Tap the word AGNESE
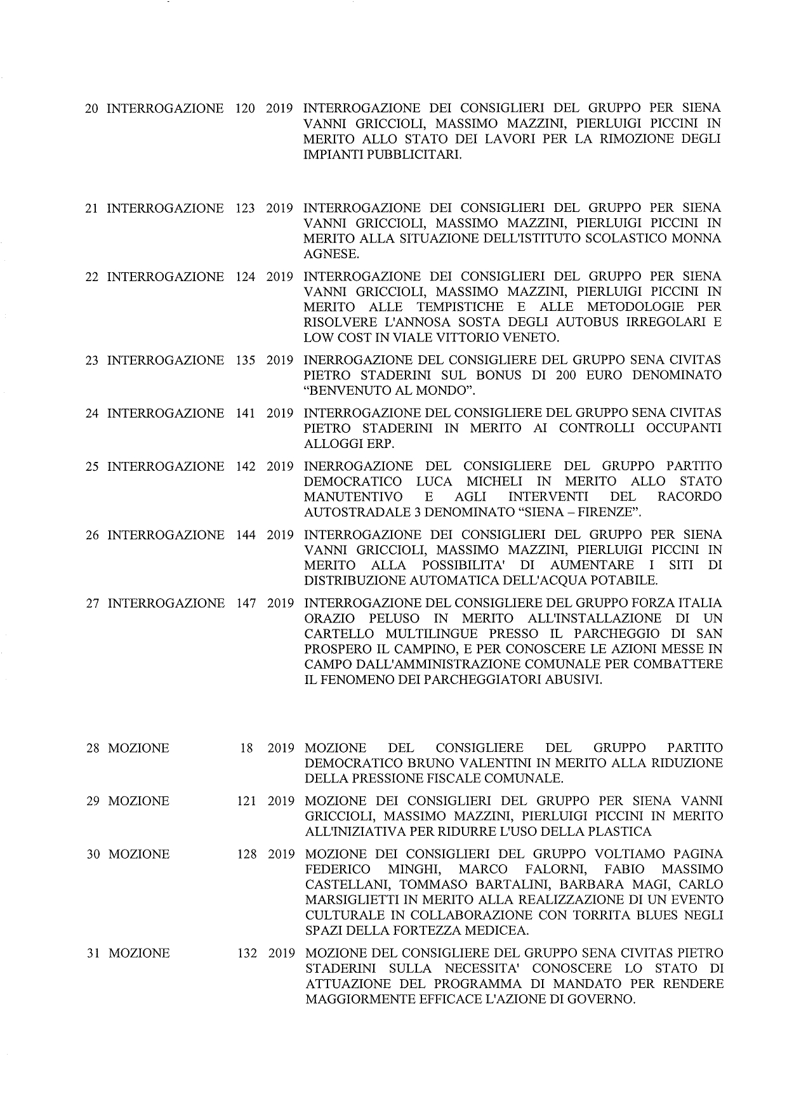(x=331, y=254)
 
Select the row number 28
(x=93, y=748)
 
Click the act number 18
(x=246, y=748)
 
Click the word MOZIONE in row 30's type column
(x=139, y=855)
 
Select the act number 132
(x=247, y=954)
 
